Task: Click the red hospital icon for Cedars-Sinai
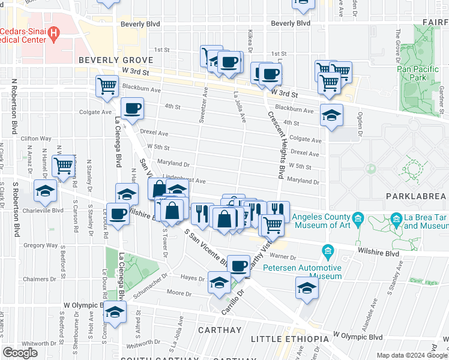tap(53, 33)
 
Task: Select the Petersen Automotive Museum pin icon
tap(328, 250)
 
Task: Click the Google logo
tap(20, 353)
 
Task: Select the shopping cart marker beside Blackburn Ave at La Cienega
tap(107, 86)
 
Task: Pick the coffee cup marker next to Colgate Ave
tap(132, 109)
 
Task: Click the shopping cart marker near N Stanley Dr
tap(64, 166)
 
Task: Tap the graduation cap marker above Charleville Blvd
tap(45, 191)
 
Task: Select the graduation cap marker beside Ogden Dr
tap(331, 116)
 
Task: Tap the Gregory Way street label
tap(41, 245)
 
